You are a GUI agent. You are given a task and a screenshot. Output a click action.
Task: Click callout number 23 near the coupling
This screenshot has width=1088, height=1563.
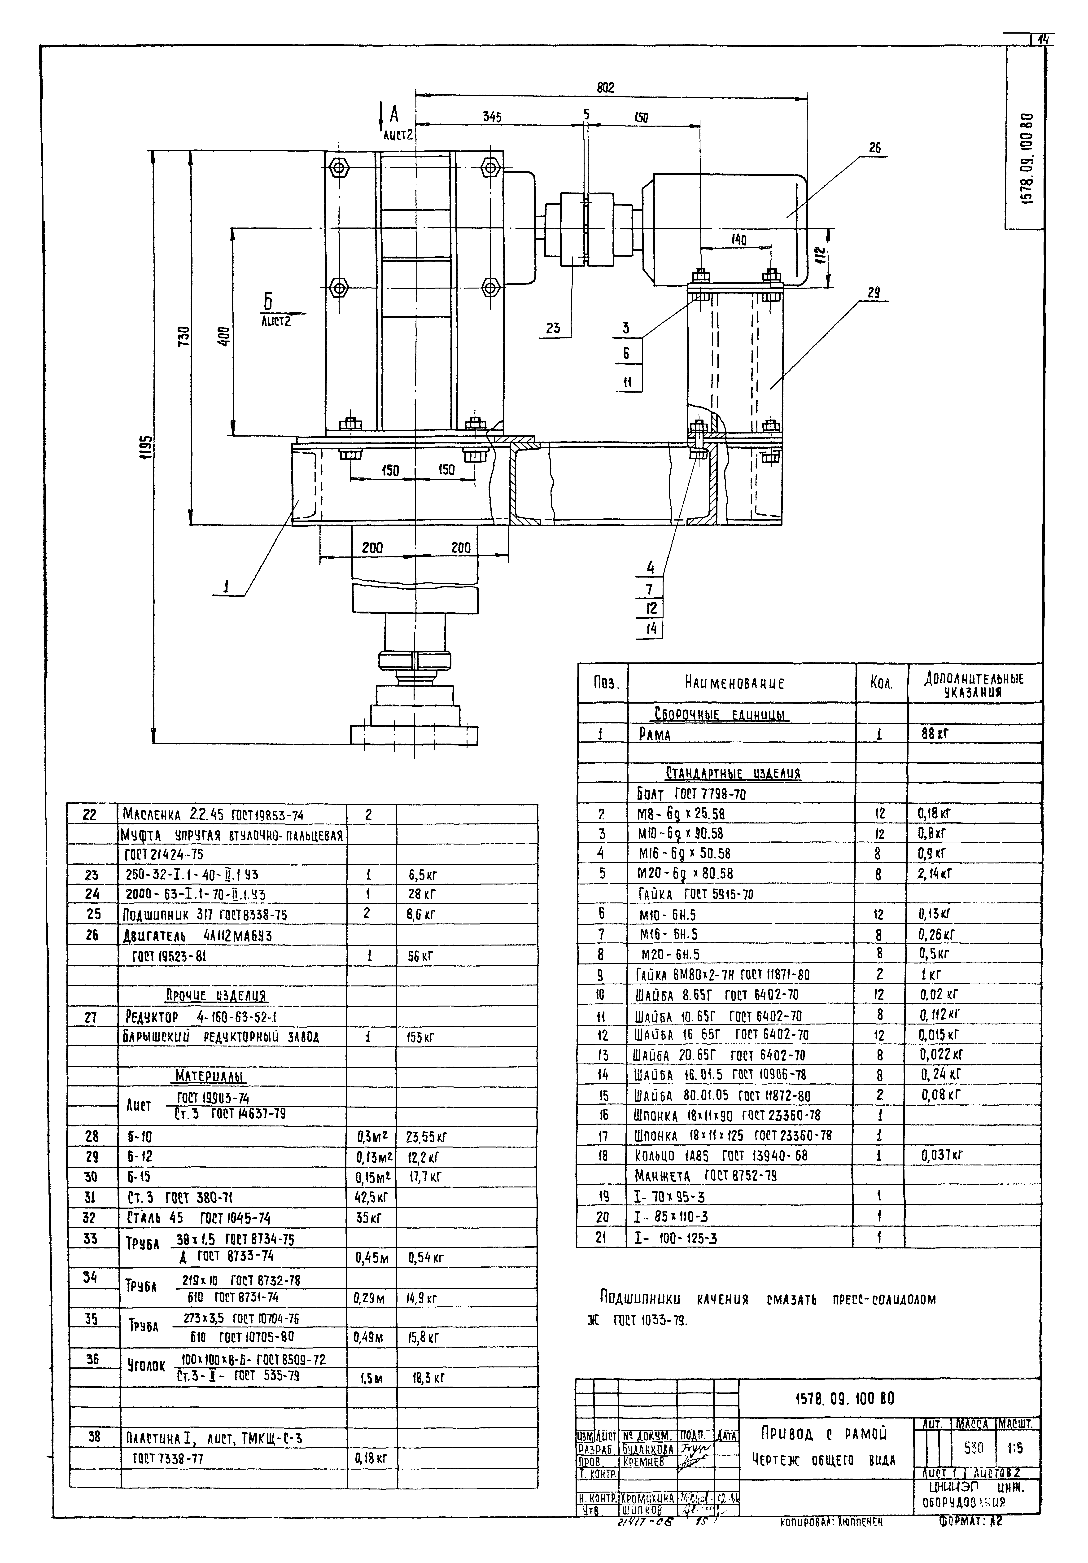[x=553, y=328]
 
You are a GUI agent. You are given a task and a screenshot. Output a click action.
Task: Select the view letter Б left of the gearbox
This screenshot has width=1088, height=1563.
[x=268, y=301]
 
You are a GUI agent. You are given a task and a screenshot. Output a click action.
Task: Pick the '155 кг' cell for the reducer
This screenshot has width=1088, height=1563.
[x=421, y=1038]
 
